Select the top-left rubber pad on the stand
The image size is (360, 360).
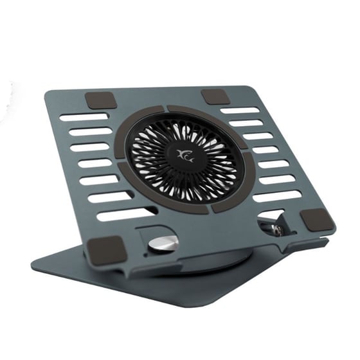click(101, 100)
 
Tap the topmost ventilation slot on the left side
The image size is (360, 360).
click(84, 118)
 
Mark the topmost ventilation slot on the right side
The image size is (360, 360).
click(239, 110)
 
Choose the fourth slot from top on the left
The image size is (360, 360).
click(96, 163)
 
